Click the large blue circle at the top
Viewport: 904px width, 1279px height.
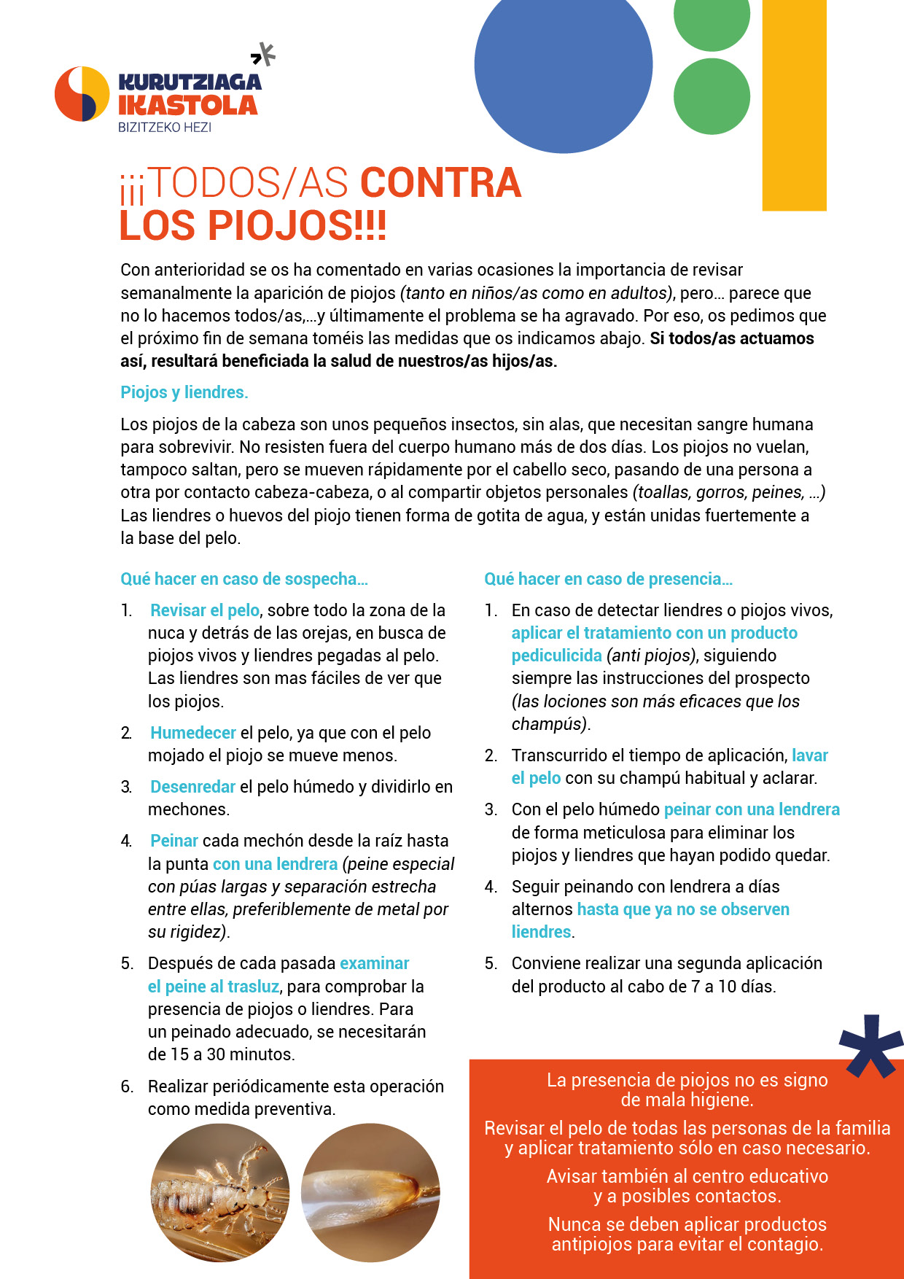pyautogui.click(x=563, y=66)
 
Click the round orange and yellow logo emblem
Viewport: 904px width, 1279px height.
pyautogui.click(x=82, y=94)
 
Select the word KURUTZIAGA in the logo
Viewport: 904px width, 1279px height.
pyautogui.click(x=190, y=82)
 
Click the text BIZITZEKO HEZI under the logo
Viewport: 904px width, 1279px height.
pyautogui.click(x=165, y=127)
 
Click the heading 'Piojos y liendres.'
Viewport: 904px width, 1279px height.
pyautogui.click(x=184, y=392)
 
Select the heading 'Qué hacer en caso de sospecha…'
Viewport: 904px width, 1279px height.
pyautogui.click(x=244, y=579)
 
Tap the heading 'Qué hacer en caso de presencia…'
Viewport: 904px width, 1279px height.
pyautogui.click(x=608, y=579)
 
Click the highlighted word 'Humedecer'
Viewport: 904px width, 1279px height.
pyautogui.click(x=193, y=733)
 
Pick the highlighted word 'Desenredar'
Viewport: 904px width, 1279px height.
pyautogui.click(x=192, y=787)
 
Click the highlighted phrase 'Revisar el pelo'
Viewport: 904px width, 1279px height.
pyautogui.click(x=205, y=610)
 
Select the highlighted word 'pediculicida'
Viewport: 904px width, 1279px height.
pyautogui.click(x=556, y=656)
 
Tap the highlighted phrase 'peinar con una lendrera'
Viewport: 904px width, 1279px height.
pyautogui.click(x=752, y=809)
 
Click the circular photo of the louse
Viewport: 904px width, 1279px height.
pyautogui.click(x=220, y=1192)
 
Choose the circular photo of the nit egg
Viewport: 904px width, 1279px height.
pyautogui.click(x=370, y=1192)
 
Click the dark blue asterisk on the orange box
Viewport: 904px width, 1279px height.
pyautogui.click(x=870, y=1044)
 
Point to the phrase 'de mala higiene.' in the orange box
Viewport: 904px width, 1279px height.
pyautogui.click(x=687, y=1100)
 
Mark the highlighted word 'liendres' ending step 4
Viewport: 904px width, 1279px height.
pyautogui.click(x=541, y=932)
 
